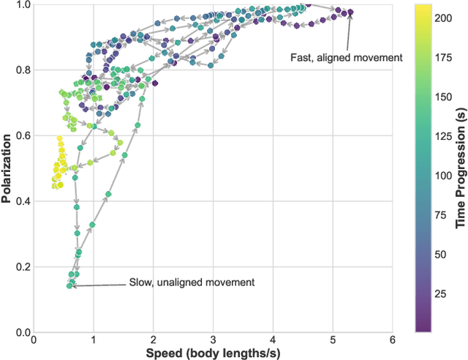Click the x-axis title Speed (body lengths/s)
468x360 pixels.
pos(214,353)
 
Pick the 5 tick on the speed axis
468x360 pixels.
pos(333,339)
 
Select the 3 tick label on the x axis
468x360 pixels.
pos(214,339)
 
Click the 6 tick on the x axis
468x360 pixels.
pos(393,339)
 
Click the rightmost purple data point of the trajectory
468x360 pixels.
pos(350,12)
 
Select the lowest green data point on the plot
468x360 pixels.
pos(69,285)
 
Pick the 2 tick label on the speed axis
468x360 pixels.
pos(154,339)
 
